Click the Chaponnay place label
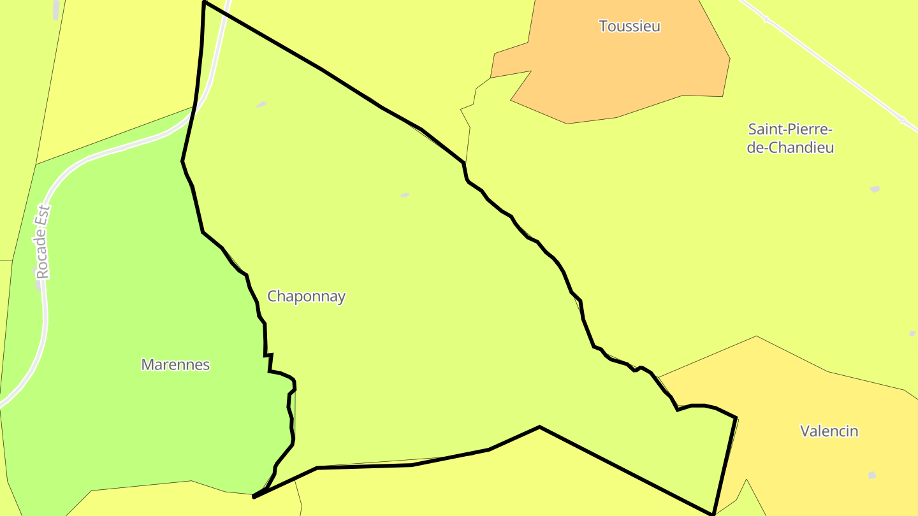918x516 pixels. (x=306, y=296)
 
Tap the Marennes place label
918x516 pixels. (x=175, y=365)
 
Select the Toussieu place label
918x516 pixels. (x=629, y=27)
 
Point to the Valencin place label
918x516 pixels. (x=829, y=431)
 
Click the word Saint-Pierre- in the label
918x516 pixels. (x=790, y=130)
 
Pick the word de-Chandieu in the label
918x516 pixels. (x=790, y=148)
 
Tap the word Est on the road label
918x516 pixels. (x=43, y=215)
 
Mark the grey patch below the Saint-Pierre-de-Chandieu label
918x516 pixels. (x=875, y=189)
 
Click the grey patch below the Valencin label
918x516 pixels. (x=871, y=475)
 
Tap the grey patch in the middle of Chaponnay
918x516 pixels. (x=405, y=195)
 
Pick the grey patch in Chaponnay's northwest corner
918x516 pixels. (x=261, y=104)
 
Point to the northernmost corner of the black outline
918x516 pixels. (x=204, y=3)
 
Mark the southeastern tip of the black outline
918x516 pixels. (x=713, y=513)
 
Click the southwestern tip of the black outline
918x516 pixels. (x=254, y=496)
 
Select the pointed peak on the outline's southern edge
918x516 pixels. (x=539, y=427)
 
